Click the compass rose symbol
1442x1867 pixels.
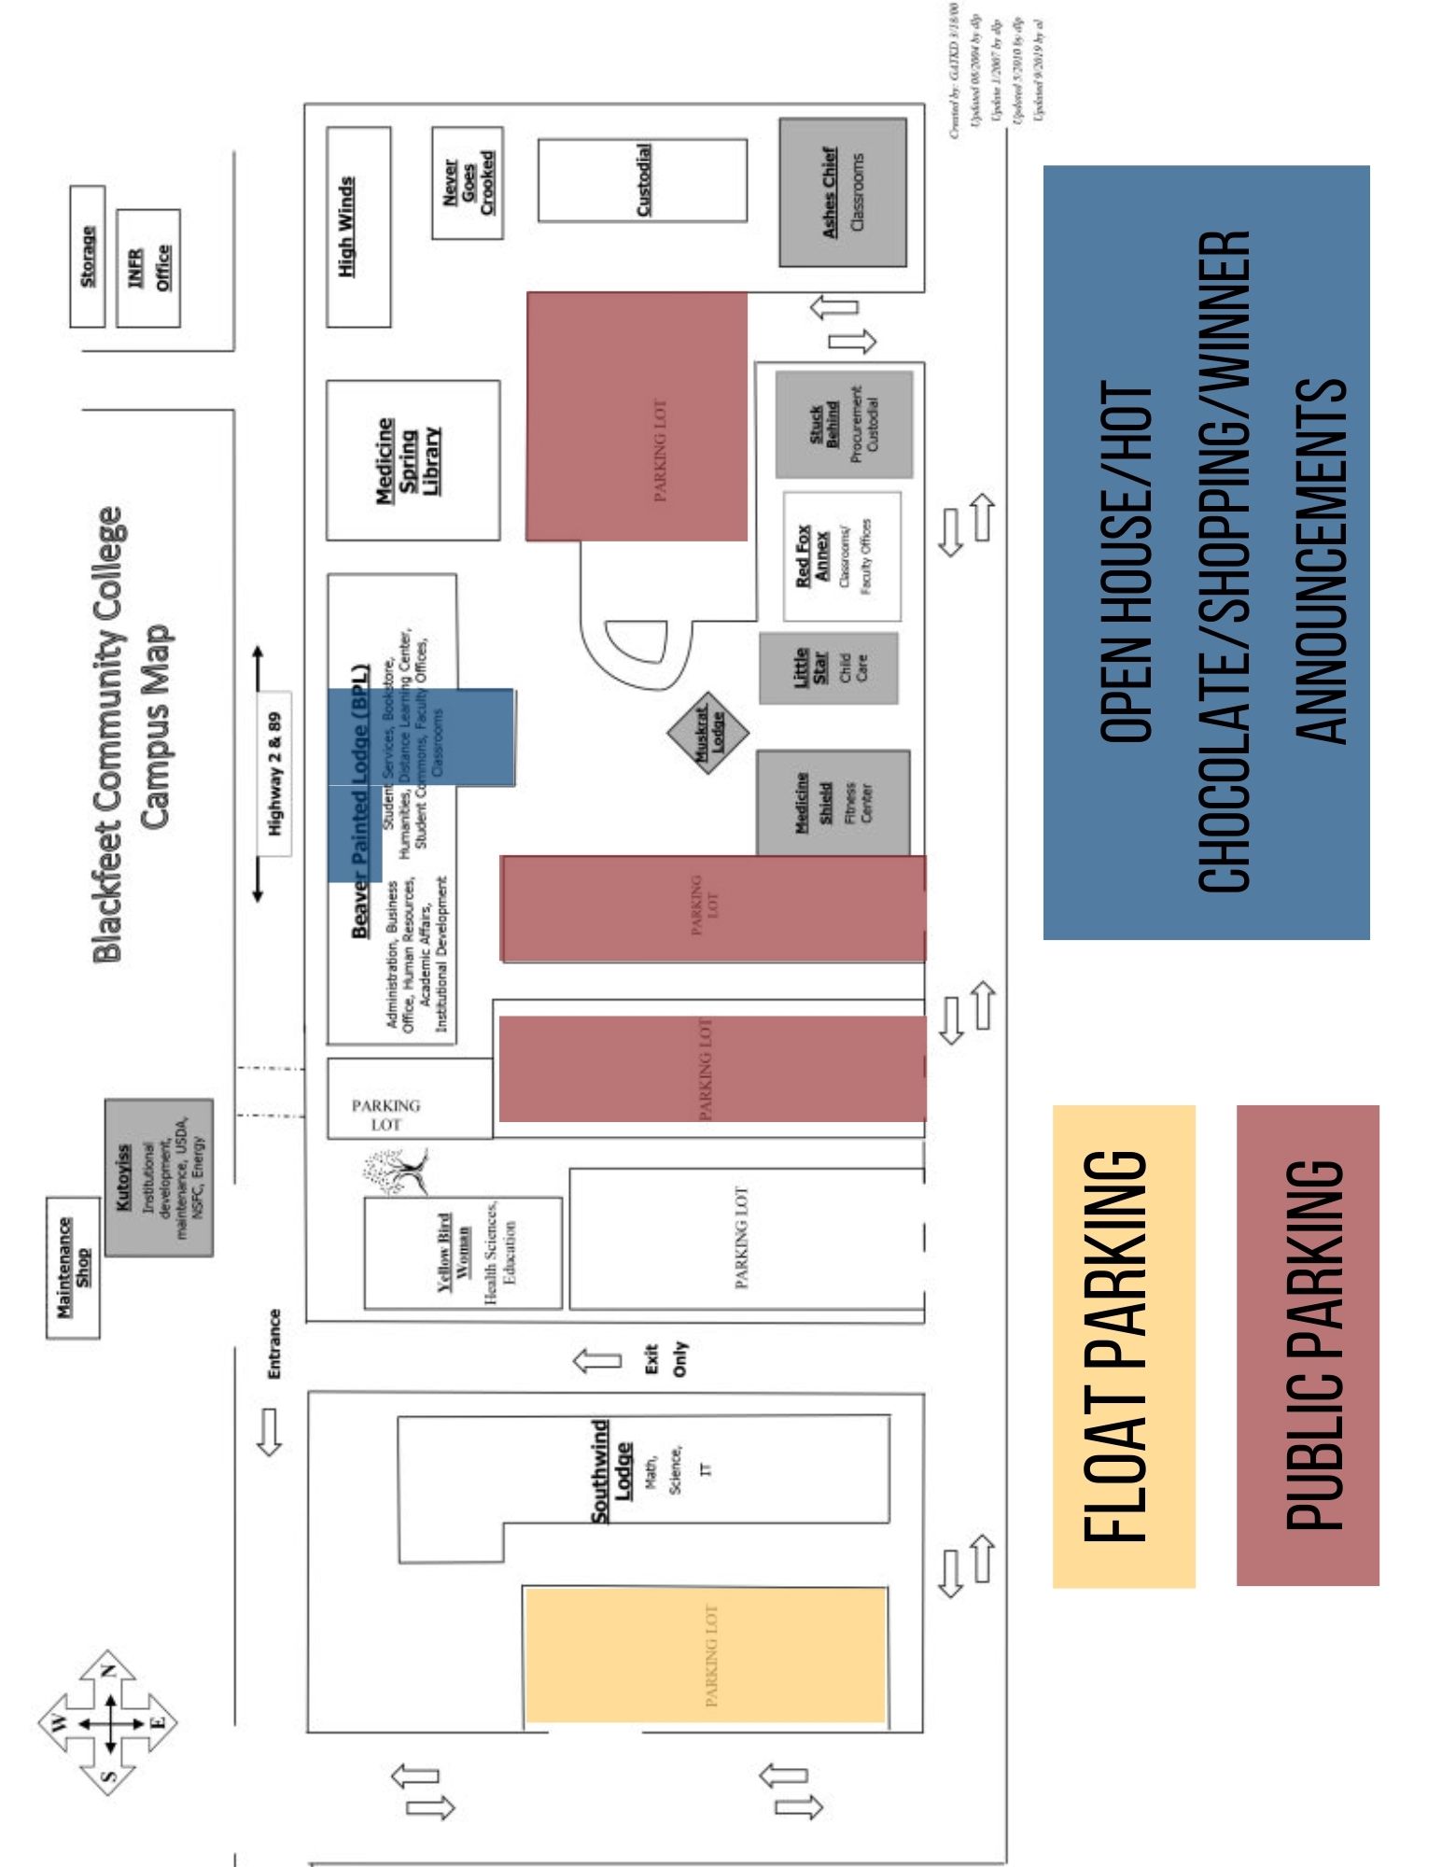tap(108, 1722)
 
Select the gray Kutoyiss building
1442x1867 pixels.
tap(159, 1176)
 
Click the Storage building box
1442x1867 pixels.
tap(87, 256)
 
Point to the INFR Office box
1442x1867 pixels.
tap(147, 267)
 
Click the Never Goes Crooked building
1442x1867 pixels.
tap(468, 183)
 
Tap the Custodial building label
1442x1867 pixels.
tap(642, 180)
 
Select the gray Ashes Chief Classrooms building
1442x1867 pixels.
tap(843, 192)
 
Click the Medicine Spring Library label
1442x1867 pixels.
tap(411, 460)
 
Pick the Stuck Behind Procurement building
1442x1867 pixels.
tap(843, 424)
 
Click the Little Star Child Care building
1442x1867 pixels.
tap(828, 667)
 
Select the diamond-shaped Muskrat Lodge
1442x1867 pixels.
tap(709, 732)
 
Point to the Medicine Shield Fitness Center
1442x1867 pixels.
tap(832, 802)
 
